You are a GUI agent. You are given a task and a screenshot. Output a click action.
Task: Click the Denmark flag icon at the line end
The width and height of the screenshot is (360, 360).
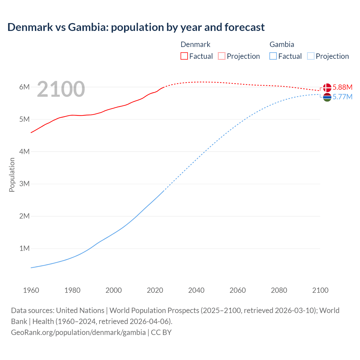(x=327, y=87)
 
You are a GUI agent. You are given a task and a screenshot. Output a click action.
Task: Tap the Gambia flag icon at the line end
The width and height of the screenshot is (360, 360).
(x=327, y=97)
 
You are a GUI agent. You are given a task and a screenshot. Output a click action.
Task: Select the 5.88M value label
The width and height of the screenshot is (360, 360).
(x=342, y=87)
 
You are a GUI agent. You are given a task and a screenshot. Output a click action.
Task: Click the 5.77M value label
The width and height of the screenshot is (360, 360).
(x=342, y=97)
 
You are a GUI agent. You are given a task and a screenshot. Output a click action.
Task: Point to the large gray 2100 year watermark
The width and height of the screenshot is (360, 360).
(x=61, y=89)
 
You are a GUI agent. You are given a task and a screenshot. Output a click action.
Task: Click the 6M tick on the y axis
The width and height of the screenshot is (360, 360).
(x=24, y=87)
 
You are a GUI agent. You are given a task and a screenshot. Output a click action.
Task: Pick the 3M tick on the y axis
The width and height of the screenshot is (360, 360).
(x=24, y=184)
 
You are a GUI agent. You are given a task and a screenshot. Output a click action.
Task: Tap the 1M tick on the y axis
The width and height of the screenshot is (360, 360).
(x=24, y=248)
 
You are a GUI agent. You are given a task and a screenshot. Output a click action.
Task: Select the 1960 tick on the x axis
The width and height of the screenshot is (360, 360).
(x=31, y=290)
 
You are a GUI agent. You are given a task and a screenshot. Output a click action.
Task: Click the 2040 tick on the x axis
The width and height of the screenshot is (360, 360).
(x=196, y=290)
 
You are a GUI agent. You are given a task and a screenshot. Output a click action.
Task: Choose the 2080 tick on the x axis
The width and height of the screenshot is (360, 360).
(x=279, y=290)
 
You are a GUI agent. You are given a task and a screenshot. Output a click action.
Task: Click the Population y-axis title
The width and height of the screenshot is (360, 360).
(x=12, y=175)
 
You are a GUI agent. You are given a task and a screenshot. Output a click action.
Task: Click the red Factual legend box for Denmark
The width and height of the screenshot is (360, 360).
(x=184, y=56)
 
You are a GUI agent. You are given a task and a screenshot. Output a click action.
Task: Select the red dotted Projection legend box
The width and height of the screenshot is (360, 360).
(x=222, y=56)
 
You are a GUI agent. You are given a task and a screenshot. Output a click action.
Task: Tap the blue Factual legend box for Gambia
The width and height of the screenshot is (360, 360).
(x=273, y=56)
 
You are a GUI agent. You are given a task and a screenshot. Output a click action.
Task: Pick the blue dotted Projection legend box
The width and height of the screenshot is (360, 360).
(x=310, y=56)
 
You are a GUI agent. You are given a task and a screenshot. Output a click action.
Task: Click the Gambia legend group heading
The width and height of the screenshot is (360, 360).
(x=282, y=44)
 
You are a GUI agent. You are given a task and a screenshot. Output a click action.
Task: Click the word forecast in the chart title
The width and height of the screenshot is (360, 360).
(x=244, y=27)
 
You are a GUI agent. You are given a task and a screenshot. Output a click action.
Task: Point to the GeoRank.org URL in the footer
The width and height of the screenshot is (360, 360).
(x=78, y=332)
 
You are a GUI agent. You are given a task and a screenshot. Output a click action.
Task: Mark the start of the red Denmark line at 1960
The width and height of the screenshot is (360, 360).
(x=31, y=132)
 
